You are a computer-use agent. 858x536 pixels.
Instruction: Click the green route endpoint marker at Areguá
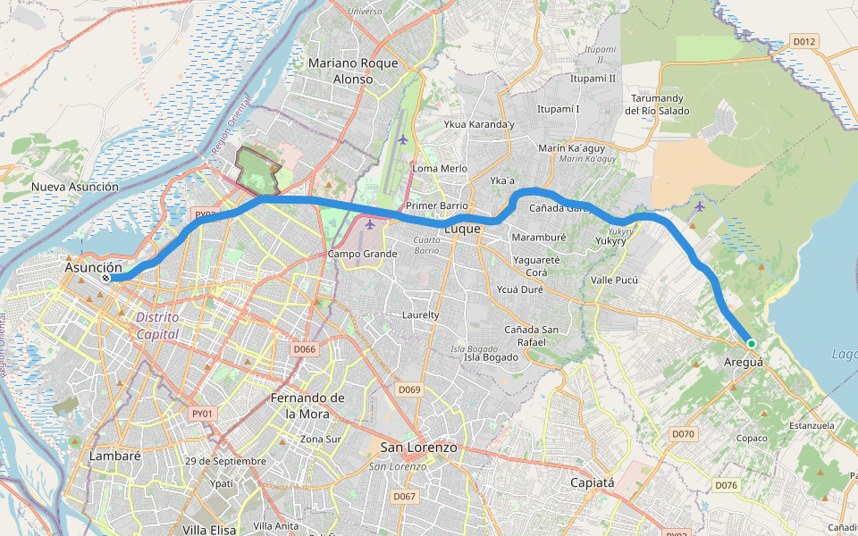pos(752,344)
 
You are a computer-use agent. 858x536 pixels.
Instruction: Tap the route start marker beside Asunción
pos(105,279)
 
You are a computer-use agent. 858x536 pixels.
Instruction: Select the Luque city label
pos(463,229)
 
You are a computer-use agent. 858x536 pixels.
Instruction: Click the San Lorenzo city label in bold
pos(418,447)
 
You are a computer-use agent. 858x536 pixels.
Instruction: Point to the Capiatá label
pos(593,483)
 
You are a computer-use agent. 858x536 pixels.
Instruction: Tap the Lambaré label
pos(116,456)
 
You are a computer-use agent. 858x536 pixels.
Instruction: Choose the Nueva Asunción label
pos(74,187)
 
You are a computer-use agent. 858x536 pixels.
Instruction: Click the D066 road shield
pos(305,348)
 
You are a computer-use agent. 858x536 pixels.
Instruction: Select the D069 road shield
pos(409,389)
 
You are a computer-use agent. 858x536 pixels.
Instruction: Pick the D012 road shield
pos(804,41)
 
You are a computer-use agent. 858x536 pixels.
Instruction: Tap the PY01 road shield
pos(203,414)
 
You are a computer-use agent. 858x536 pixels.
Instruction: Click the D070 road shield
pos(683,434)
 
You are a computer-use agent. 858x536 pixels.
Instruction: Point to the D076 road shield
pos(726,485)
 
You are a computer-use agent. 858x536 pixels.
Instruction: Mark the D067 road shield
pos(405,497)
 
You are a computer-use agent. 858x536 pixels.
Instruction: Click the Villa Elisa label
pos(209,530)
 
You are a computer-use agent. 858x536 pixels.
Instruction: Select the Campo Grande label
pos(362,254)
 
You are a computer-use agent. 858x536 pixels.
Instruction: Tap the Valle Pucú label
pos(615,281)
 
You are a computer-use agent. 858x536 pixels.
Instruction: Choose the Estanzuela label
pos(812,426)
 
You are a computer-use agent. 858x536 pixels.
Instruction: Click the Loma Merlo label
pos(440,168)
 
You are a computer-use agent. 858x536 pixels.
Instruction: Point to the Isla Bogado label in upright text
pos(491,357)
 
